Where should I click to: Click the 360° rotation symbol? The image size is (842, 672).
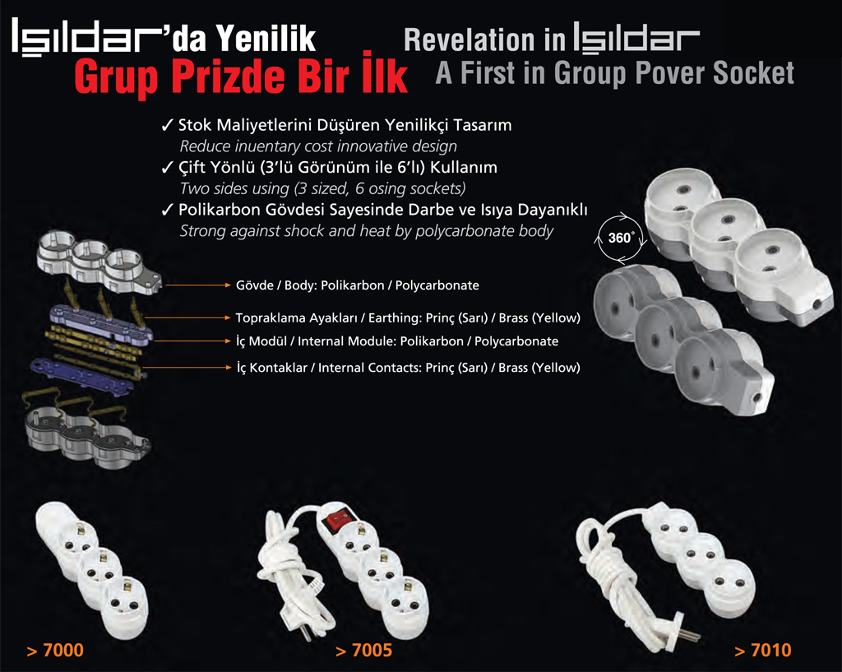(620, 239)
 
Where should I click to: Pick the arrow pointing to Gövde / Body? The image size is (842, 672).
(197, 285)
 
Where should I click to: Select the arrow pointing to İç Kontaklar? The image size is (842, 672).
(187, 368)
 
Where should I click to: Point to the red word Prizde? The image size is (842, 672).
(229, 76)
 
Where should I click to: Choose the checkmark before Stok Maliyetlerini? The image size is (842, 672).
(167, 126)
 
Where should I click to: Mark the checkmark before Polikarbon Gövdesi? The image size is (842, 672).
(167, 210)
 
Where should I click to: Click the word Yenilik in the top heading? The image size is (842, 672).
(266, 38)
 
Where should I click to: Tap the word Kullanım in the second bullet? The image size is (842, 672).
(464, 168)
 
